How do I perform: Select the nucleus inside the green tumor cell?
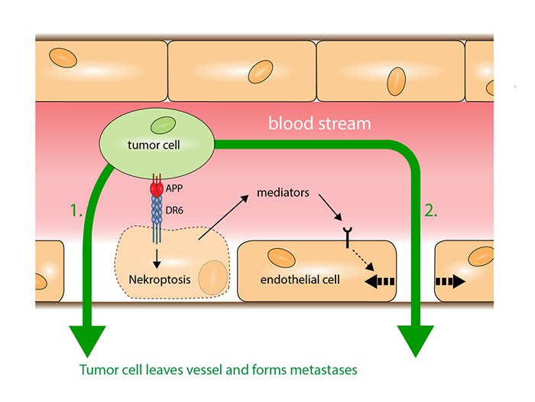pos(162,123)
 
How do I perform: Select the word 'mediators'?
pos(284,193)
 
